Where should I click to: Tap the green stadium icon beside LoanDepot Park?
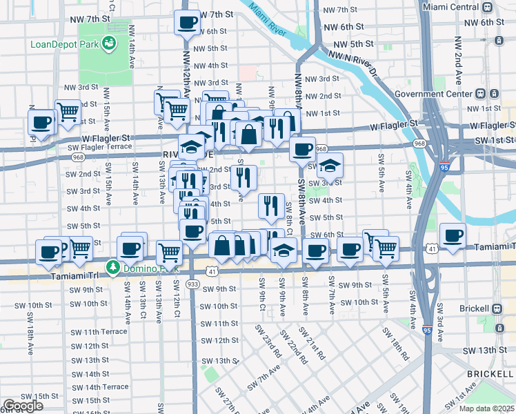108,44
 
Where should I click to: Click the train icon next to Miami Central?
488,8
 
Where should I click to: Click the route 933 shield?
193,284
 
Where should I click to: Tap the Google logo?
23,406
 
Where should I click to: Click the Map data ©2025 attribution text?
487,408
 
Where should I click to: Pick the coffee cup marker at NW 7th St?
186,23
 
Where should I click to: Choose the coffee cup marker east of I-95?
453,236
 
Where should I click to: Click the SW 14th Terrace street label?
97,387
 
